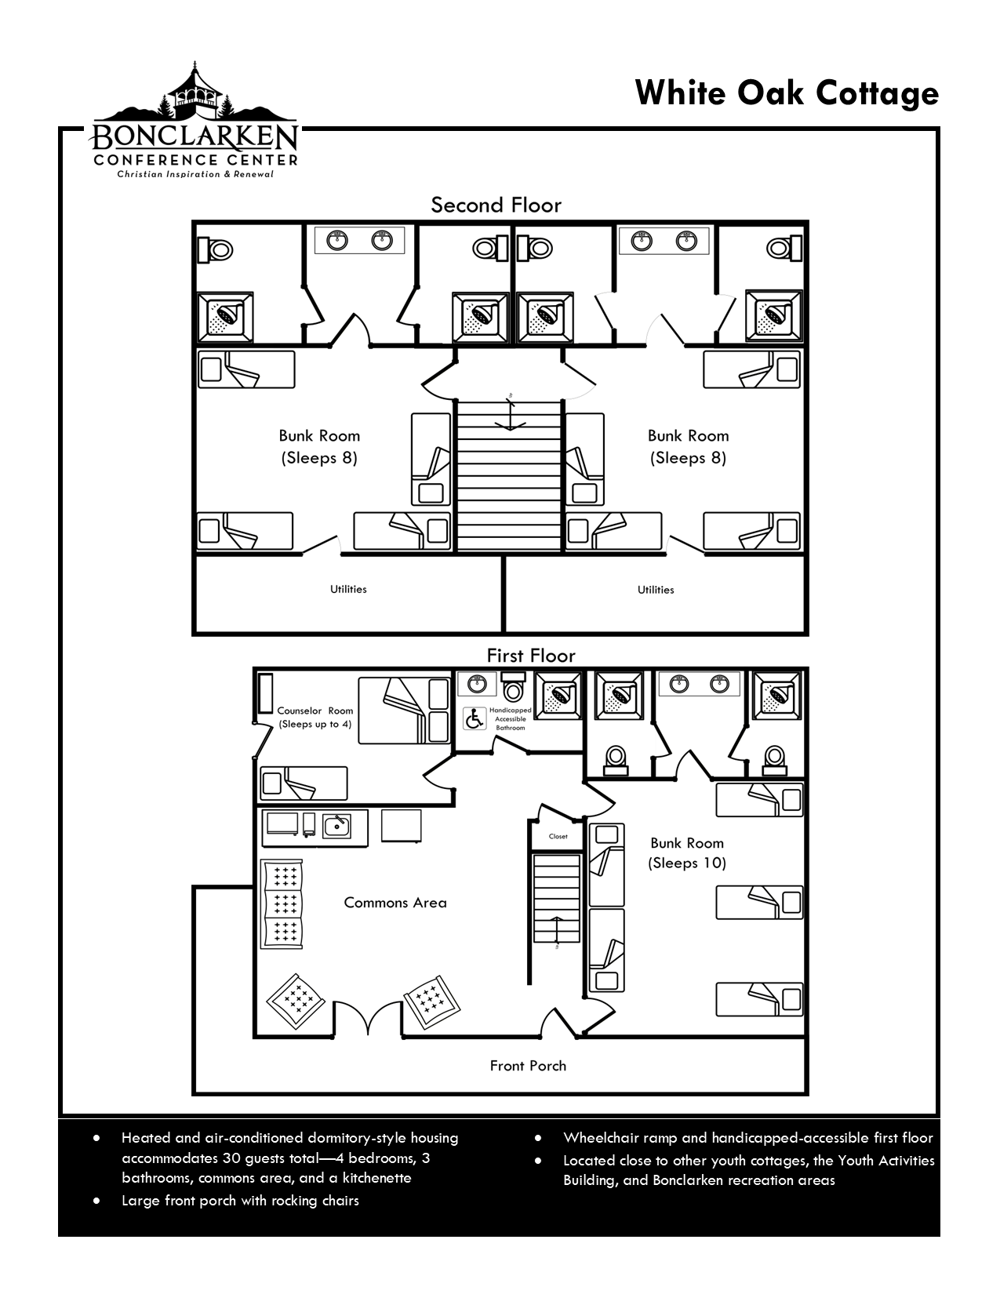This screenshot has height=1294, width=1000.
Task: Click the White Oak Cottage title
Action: click(x=787, y=94)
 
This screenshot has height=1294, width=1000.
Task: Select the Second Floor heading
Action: click(x=496, y=205)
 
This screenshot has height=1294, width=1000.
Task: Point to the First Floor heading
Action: click(x=531, y=656)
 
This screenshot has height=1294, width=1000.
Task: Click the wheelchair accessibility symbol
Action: click(x=475, y=718)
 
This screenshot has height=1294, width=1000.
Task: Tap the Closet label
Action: click(x=558, y=836)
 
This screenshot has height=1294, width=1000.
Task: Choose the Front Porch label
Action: click(x=528, y=1066)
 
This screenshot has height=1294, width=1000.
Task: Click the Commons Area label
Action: click(x=395, y=903)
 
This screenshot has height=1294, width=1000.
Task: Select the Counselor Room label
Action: click(x=315, y=711)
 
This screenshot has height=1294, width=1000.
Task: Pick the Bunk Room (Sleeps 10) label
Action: click(x=687, y=852)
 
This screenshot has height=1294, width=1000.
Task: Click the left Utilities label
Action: click(x=348, y=589)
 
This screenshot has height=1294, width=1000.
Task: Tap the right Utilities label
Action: click(x=656, y=590)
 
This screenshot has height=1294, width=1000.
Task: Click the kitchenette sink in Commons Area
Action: click(x=337, y=826)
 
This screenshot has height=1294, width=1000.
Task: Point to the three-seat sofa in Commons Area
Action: click(x=282, y=904)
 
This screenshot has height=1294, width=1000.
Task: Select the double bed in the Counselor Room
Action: click(x=404, y=711)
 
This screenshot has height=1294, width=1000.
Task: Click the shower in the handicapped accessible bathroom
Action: click(x=558, y=695)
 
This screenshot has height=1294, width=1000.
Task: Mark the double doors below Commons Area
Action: click(x=368, y=1020)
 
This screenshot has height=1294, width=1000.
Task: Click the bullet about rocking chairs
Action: click(x=240, y=1201)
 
